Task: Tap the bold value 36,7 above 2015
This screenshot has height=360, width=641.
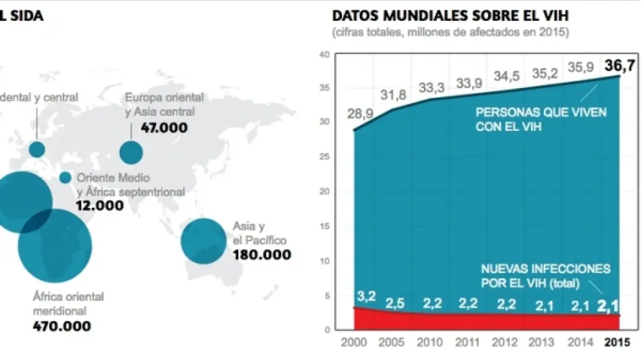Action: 621,65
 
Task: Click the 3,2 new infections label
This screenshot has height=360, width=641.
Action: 366,297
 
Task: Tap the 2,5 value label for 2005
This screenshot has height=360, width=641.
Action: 395,303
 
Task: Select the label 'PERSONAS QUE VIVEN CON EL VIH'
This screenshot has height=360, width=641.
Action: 541,118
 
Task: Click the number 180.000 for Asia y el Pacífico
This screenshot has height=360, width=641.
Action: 262,254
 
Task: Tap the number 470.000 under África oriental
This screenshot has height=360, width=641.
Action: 62,326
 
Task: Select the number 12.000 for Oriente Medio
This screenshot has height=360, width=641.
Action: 100,205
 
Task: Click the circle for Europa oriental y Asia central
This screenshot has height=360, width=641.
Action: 131,152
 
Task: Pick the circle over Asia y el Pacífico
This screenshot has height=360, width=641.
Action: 203,242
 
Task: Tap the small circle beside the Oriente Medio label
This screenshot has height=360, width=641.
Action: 65,177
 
